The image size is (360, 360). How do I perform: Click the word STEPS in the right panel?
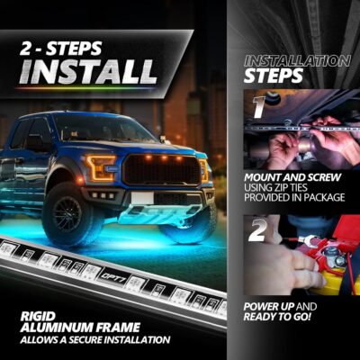tap(271, 77)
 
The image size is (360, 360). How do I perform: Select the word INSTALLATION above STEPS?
tap(296, 60)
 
